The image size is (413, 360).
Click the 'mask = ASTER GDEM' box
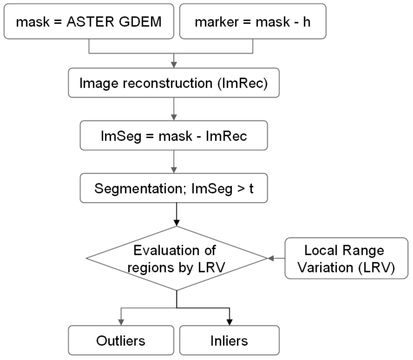(89, 21)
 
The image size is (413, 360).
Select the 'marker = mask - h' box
(252, 21)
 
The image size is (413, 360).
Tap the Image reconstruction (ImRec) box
(173, 83)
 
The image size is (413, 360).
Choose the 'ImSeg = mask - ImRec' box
(173, 135)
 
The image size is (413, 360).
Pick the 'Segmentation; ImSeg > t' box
(173, 188)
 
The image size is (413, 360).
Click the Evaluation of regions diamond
(176, 258)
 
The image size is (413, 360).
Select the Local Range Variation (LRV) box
(346, 258)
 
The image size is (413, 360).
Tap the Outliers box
(121, 341)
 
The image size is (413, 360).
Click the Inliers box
(229, 341)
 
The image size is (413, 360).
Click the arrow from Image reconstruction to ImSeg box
(173, 108)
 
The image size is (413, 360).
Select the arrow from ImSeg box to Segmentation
(173, 161)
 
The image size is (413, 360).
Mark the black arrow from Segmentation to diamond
(176, 214)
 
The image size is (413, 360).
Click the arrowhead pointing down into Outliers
(121, 322)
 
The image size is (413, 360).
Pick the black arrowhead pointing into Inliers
(229, 322)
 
